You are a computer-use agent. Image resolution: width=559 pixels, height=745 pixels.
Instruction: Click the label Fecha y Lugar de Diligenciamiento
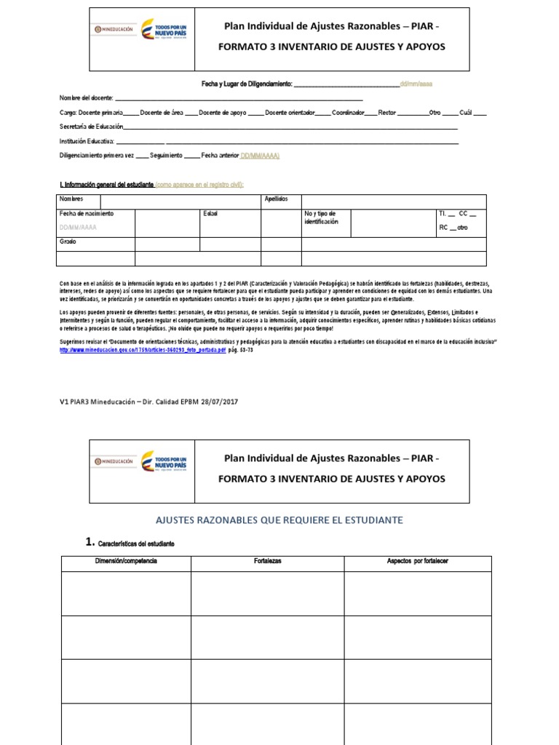[x=247, y=84]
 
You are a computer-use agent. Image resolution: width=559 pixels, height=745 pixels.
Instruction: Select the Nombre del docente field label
[x=87, y=98]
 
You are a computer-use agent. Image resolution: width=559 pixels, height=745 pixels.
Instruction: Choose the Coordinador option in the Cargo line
[x=349, y=113]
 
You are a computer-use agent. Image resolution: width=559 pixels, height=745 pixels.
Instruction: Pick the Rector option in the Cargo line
[x=387, y=113]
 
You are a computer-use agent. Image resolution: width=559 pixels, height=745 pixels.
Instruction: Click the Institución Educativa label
[x=87, y=141]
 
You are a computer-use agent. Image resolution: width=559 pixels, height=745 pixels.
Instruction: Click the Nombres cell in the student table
[x=71, y=199]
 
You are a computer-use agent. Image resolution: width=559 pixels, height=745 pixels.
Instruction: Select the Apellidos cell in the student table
[x=277, y=199]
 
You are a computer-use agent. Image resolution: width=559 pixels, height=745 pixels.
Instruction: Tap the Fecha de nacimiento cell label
[x=87, y=214]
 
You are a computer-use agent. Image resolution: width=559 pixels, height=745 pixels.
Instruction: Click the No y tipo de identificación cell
[x=321, y=218]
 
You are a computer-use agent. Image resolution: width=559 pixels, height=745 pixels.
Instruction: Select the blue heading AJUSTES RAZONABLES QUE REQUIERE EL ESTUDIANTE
[x=280, y=520]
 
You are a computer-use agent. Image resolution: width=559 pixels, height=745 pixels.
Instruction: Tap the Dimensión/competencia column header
[x=126, y=562]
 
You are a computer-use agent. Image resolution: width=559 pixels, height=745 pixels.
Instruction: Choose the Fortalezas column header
[x=268, y=562]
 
